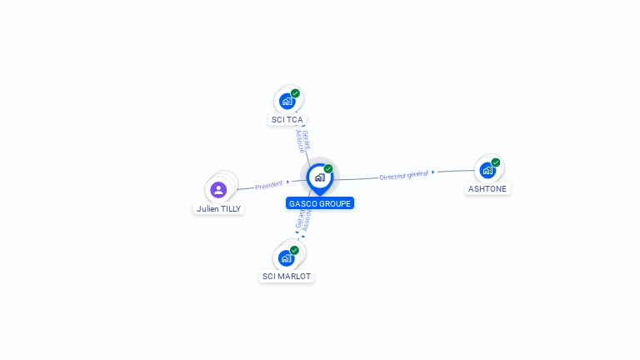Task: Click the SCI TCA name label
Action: coord(287,120)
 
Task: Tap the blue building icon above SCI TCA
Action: coord(287,102)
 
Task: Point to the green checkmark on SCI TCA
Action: coord(295,93)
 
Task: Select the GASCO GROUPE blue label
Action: coord(320,203)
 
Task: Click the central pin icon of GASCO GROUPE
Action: coord(319,177)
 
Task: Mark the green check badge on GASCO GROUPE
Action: coord(328,168)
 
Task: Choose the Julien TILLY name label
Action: coord(219,209)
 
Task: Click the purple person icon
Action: coord(218,189)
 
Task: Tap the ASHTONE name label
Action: coord(487,189)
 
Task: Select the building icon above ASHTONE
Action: coord(487,171)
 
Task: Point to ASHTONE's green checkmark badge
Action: coord(496,162)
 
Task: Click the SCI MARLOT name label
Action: coord(287,277)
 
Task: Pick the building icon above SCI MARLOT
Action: coord(286,258)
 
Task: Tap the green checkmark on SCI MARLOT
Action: coord(294,250)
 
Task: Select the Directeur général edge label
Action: coord(403,176)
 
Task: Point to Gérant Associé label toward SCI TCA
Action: coord(302,141)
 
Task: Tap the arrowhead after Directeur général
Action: coord(433,172)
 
